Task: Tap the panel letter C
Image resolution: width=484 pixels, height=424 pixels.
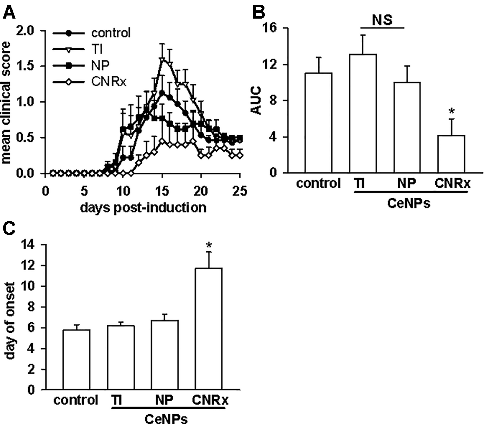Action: [x=10, y=228]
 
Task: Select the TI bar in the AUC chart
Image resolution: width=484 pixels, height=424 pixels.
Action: [x=362, y=113]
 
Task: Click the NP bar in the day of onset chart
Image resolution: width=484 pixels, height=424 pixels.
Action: [x=165, y=355]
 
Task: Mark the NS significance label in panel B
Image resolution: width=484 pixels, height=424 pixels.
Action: [x=382, y=20]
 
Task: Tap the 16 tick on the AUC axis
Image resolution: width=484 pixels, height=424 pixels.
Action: [x=271, y=28]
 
